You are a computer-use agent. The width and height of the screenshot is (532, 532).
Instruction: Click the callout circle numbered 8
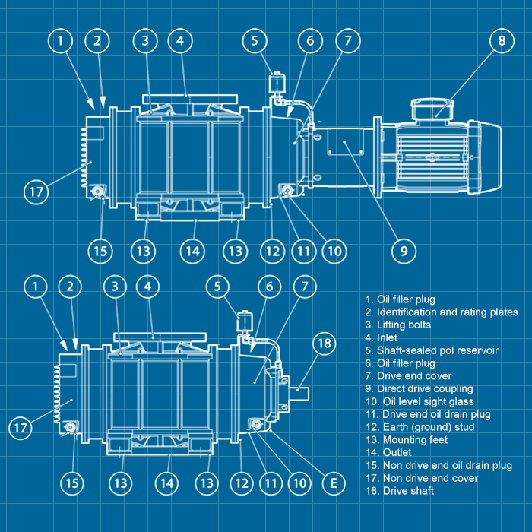(502, 41)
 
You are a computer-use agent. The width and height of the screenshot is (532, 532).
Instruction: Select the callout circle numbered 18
(325, 344)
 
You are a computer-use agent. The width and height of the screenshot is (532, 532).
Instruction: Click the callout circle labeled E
(331, 481)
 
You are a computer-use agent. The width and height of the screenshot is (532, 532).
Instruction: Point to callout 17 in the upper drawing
(36, 191)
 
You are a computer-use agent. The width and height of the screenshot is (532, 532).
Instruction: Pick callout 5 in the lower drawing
(218, 287)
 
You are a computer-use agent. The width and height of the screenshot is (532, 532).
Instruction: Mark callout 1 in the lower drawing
(35, 286)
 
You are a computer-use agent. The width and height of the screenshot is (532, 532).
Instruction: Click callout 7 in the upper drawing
(347, 40)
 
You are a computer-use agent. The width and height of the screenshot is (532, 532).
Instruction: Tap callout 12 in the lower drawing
(242, 482)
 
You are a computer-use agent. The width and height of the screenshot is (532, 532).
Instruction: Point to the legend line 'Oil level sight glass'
(420, 401)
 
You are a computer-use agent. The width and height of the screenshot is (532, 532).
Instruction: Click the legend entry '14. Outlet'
(387, 452)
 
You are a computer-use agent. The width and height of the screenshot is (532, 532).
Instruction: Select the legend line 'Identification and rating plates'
(442, 312)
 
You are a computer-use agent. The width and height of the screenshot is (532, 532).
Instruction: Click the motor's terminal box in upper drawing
(434, 109)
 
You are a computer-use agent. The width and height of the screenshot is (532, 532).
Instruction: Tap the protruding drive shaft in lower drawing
(300, 391)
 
